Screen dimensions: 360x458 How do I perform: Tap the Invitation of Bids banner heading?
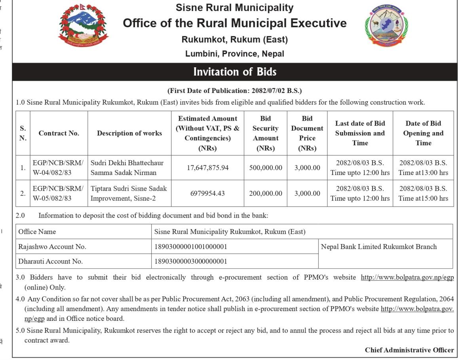235,72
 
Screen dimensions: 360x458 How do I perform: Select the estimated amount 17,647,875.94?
207,168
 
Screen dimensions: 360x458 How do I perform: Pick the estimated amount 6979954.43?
207,193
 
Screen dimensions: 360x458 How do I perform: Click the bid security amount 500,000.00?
266,168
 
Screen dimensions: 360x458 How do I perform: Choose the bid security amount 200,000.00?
266,193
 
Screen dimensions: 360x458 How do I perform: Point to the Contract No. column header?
59,133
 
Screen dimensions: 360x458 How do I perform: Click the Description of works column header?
129,133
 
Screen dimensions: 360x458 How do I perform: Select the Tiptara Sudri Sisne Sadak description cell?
129,193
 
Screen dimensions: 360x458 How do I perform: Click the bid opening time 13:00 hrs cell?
423,168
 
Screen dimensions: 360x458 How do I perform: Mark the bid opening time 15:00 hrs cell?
423,193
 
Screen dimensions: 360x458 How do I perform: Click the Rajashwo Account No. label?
52,247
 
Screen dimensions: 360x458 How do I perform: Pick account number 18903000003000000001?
190,261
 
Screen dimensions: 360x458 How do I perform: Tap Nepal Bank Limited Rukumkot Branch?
379,247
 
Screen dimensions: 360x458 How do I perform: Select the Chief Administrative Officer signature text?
409,350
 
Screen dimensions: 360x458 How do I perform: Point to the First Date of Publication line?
235,91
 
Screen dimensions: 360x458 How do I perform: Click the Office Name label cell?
37,232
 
